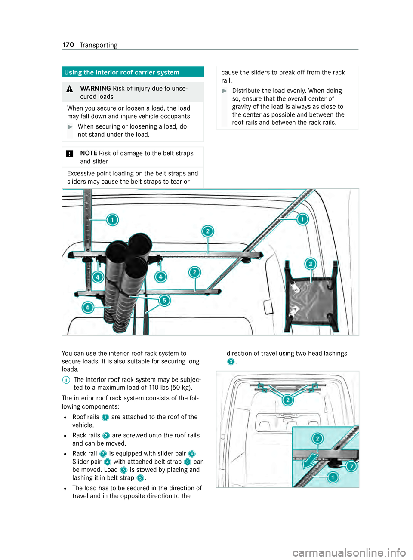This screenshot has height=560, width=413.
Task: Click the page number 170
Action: [68, 45]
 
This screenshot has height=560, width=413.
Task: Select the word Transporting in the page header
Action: [99, 45]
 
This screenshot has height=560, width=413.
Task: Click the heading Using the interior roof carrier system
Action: [122, 72]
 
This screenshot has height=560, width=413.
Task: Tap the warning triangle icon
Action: [70, 89]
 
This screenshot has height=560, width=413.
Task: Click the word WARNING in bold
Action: [96, 89]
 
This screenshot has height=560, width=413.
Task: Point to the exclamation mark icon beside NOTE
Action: [70, 154]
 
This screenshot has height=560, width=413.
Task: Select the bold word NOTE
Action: [89, 153]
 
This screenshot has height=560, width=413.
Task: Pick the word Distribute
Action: [247, 91]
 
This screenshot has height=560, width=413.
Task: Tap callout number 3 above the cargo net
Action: [310, 264]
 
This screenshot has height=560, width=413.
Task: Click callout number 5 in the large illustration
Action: [164, 300]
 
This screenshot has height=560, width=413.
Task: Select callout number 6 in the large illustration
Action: [88, 307]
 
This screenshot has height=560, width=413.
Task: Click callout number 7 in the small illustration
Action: [351, 466]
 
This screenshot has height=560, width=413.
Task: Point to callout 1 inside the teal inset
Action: [333, 477]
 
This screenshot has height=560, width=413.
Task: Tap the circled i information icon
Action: [66, 380]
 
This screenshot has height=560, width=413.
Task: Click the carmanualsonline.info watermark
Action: [349, 552]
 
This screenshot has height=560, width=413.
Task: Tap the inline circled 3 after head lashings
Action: [231, 362]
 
